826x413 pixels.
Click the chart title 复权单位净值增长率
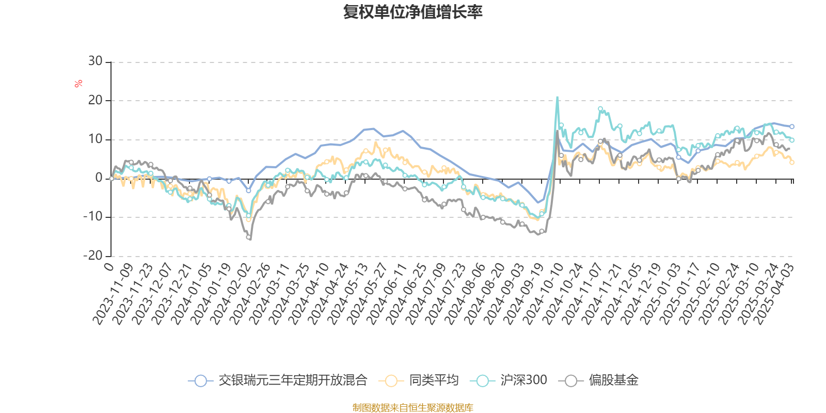click(412, 12)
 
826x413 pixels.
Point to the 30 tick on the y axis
click(95, 61)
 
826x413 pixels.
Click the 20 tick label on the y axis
click(95, 100)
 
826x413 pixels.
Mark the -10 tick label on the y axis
click(93, 217)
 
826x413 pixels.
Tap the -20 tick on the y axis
click(93, 256)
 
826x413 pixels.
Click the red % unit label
click(78, 83)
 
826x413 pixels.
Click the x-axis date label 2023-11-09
click(115, 294)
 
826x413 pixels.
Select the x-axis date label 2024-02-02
click(231, 294)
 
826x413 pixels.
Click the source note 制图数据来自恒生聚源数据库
click(412, 408)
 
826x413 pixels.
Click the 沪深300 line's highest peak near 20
click(557, 97)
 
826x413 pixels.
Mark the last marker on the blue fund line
click(792, 126)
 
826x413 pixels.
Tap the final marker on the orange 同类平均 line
click(792, 162)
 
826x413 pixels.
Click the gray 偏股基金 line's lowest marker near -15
click(248, 237)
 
